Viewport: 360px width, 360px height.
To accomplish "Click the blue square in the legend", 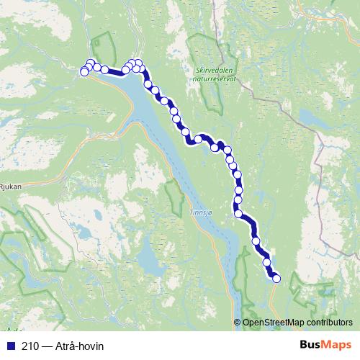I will tap(9, 346).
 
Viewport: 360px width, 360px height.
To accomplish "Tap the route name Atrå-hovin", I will tap(79, 346).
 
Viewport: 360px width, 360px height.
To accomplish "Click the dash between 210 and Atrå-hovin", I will tap(46, 346).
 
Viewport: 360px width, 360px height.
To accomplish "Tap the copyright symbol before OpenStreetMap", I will tap(238, 323).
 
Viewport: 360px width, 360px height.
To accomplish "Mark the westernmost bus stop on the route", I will tap(84, 72).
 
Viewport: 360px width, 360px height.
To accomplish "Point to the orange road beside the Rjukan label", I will tap(32, 179).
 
